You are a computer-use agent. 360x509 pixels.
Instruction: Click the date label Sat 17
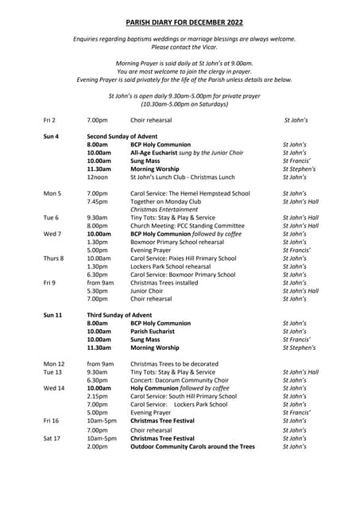[52, 437]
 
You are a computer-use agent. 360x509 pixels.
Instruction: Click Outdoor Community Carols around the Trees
[193, 446]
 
